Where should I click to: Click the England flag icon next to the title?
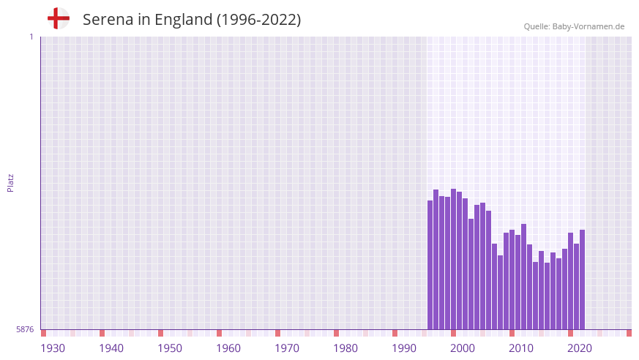pos(59,19)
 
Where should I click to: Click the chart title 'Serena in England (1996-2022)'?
pos(192,20)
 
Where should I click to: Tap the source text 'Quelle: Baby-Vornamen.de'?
pos(574,26)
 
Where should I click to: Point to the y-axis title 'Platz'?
pos(10,183)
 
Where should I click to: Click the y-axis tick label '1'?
pos(31,37)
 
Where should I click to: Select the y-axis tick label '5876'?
pos(25,330)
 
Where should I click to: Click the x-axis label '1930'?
pos(53,348)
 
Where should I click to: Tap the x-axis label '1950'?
pos(170,348)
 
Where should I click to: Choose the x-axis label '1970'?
pos(287,348)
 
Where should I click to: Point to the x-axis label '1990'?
pos(404,348)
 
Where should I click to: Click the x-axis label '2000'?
pos(463,348)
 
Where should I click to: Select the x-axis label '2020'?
pos(580,348)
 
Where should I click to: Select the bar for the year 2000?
pos(454,259)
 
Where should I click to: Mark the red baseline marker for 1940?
pos(102,333)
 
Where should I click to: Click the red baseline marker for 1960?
pos(220,333)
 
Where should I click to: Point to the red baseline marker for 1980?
pos(337,333)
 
